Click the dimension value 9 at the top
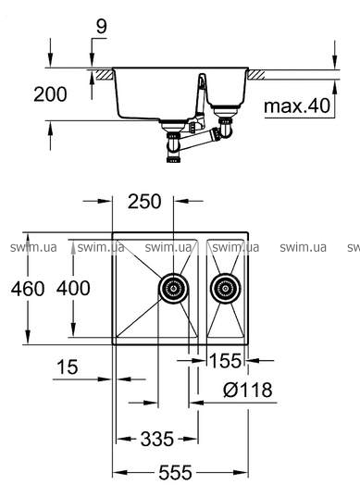[x=102, y=27]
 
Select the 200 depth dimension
[x=50, y=94]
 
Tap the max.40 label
[x=297, y=106]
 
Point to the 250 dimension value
[x=144, y=201]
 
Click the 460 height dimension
[x=28, y=289]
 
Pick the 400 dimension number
[x=73, y=288]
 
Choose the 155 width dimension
[x=226, y=360]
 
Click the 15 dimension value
[x=68, y=367]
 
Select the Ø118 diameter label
[x=248, y=390]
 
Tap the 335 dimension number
[x=157, y=439]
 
